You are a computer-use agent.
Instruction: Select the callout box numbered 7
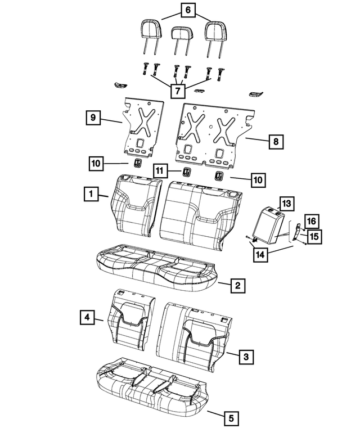[178, 90]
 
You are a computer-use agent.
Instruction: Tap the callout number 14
[260, 254]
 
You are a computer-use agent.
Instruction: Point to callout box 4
[87, 318]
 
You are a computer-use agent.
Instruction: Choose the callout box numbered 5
[229, 418]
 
